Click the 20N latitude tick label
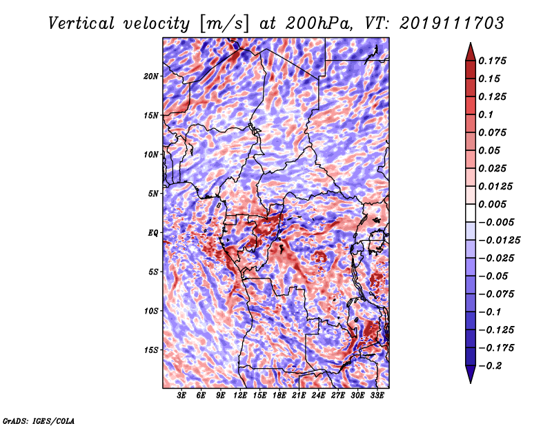[x=150, y=77]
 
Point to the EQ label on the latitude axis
[x=152, y=233]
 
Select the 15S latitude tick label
[x=150, y=350]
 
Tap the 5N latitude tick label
[x=152, y=194]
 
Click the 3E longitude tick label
[x=181, y=396]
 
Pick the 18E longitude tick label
[x=279, y=396]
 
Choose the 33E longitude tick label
[x=377, y=396]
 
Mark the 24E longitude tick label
[x=318, y=396]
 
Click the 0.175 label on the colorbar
[x=492, y=61]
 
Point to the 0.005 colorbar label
[x=492, y=204]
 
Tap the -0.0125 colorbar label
[x=499, y=241]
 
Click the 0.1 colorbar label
[x=486, y=114]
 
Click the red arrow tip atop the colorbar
[x=471, y=43]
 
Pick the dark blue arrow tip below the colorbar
[x=471, y=383]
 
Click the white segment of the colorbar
[x=471, y=213]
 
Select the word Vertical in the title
[x=81, y=23]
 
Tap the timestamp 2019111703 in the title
[x=452, y=23]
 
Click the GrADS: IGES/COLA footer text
[x=39, y=420]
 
